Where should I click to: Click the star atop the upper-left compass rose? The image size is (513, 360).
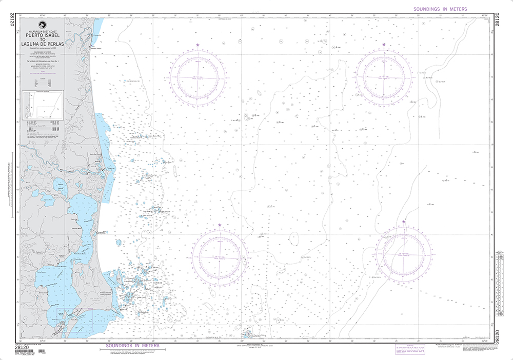pyautogui.click(x=198, y=46)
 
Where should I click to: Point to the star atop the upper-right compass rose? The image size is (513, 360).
pyautogui.click(x=384, y=46)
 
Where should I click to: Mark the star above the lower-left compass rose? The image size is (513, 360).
pyautogui.click(x=220, y=226)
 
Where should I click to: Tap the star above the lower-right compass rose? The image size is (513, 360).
pyautogui.click(x=404, y=222)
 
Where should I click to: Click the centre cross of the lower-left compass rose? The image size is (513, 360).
pyautogui.click(x=220, y=256)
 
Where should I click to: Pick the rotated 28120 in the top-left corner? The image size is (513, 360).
pyautogui.click(x=12, y=23)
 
